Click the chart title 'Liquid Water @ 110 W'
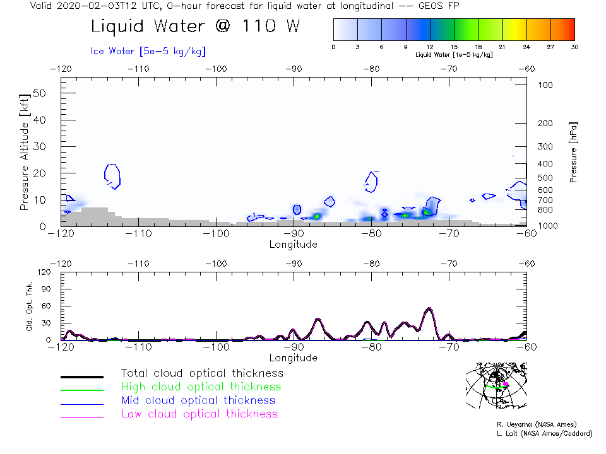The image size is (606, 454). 195,27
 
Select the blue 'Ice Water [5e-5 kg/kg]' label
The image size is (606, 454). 148,51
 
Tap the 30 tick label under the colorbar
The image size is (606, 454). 574,47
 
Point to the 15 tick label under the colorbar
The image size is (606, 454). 454,47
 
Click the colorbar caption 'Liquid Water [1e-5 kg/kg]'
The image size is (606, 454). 454,55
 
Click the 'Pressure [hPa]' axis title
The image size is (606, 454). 573,152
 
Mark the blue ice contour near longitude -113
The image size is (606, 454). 112,175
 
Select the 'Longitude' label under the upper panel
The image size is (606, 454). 294,244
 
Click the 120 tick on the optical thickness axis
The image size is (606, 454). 45,272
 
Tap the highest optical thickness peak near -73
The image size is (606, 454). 429,308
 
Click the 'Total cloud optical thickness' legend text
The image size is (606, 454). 202,373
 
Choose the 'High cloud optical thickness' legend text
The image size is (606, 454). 201,387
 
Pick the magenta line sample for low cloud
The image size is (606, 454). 81,417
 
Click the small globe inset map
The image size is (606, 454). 496,387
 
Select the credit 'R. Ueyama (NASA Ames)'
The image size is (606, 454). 536,424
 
